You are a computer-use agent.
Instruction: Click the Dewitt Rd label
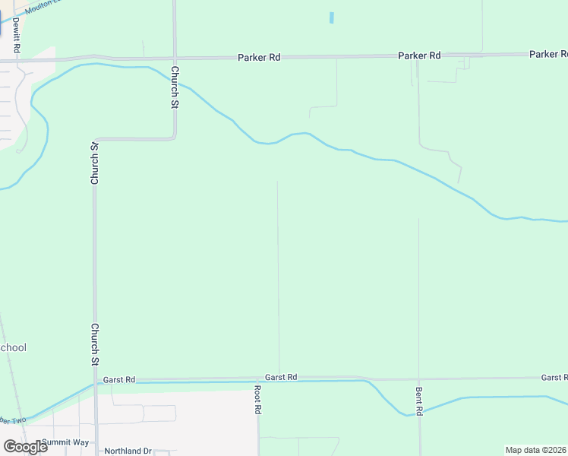pyautogui.click(x=16, y=29)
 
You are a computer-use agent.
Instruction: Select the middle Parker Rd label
pyautogui.click(x=419, y=55)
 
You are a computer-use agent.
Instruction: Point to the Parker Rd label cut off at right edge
pyautogui.click(x=548, y=54)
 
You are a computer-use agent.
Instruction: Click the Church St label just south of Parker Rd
pyautogui.click(x=175, y=88)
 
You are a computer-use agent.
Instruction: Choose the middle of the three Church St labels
pyautogui.click(x=95, y=163)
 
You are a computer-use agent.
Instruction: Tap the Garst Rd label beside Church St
pyautogui.click(x=119, y=379)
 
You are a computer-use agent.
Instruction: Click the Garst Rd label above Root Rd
pyautogui.click(x=281, y=377)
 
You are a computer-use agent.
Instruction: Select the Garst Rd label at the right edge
pyautogui.click(x=554, y=378)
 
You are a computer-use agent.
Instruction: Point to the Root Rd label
pyautogui.click(x=258, y=400)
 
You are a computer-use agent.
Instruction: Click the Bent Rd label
pyautogui.click(x=419, y=401)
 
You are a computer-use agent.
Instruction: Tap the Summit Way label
pyautogui.click(x=65, y=442)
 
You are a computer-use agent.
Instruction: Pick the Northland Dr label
pyautogui.click(x=128, y=451)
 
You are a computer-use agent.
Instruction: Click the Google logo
pyautogui.click(x=25, y=447)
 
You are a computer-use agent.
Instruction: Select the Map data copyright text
pyautogui.click(x=535, y=450)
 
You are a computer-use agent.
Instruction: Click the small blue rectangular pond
pyautogui.click(x=332, y=17)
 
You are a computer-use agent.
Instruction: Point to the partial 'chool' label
pyautogui.click(x=13, y=348)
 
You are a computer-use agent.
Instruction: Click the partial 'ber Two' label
pyautogui.click(x=13, y=420)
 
